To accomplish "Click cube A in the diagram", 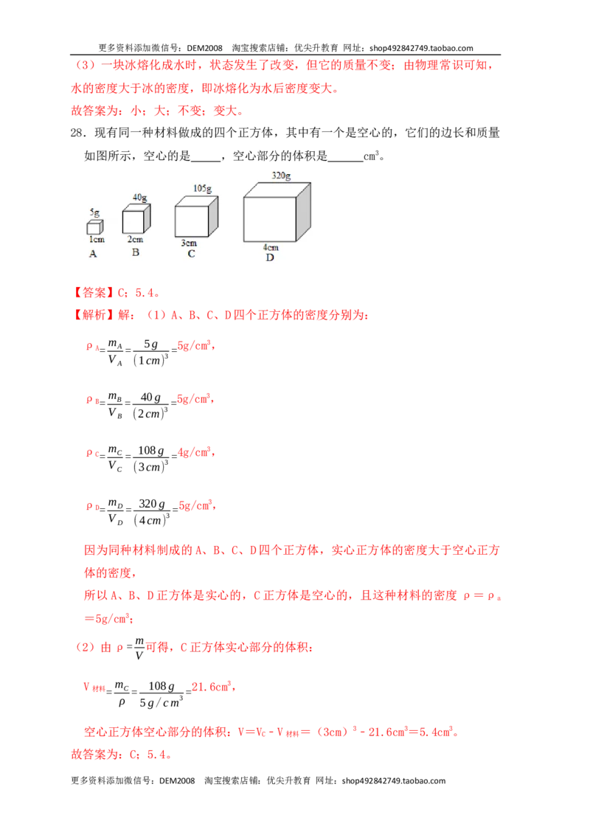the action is (x=95, y=227).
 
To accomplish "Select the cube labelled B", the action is (x=136, y=219).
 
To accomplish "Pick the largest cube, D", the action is (x=277, y=212).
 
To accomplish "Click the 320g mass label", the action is (x=281, y=176).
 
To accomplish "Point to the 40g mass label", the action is (x=139, y=198).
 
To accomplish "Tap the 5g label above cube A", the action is (x=94, y=212).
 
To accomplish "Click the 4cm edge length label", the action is (x=271, y=247).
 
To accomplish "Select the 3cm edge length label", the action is (x=189, y=243).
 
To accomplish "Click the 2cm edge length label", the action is (x=135, y=239).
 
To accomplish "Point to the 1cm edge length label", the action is (x=97, y=240).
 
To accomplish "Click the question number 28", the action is (x=78, y=133).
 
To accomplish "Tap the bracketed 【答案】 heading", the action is (x=92, y=292).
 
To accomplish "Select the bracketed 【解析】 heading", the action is (x=92, y=315).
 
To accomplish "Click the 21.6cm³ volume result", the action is (x=212, y=687).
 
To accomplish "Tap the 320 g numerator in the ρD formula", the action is (x=152, y=504).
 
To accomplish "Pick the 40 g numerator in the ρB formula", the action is (x=150, y=398).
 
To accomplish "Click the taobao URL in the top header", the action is (x=421, y=48).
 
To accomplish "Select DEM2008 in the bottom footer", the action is (x=177, y=780).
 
